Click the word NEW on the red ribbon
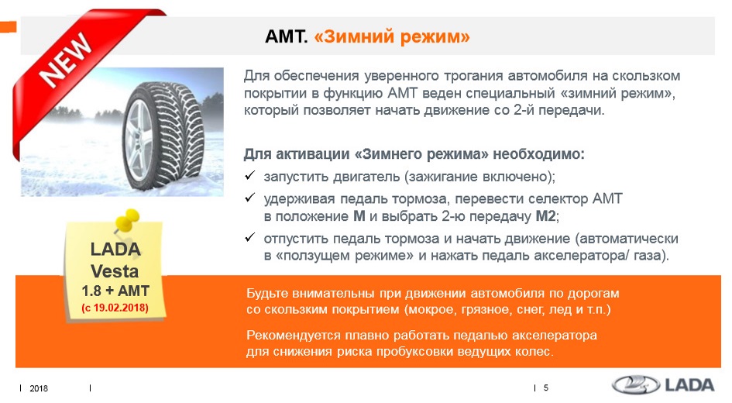click(x=66, y=59)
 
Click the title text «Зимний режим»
click(x=392, y=36)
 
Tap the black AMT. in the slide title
click(x=286, y=36)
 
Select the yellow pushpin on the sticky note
click(x=126, y=220)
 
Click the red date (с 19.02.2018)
click(x=115, y=308)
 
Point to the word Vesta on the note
click(x=115, y=270)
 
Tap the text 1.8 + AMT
click(x=115, y=291)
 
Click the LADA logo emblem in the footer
click(x=636, y=385)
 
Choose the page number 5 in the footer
click(x=546, y=387)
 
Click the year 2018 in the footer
click(x=39, y=388)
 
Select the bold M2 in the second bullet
click(x=545, y=216)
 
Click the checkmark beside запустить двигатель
click(x=249, y=176)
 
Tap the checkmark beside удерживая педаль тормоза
click(x=249, y=198)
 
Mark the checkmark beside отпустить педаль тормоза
click(x=249, y=238)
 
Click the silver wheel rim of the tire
click(x=139, y=140)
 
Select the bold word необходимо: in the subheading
click(x=538, y=153)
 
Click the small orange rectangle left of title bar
click(x=8, y=26)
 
